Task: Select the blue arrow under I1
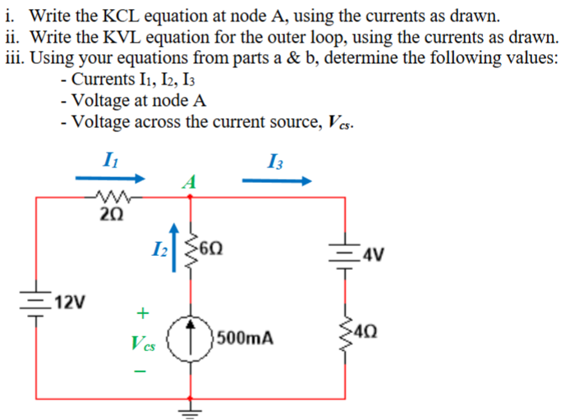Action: [x=113, y=177]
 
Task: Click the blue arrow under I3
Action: [x=277, y=181]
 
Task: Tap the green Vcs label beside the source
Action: [x=143, y=341]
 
